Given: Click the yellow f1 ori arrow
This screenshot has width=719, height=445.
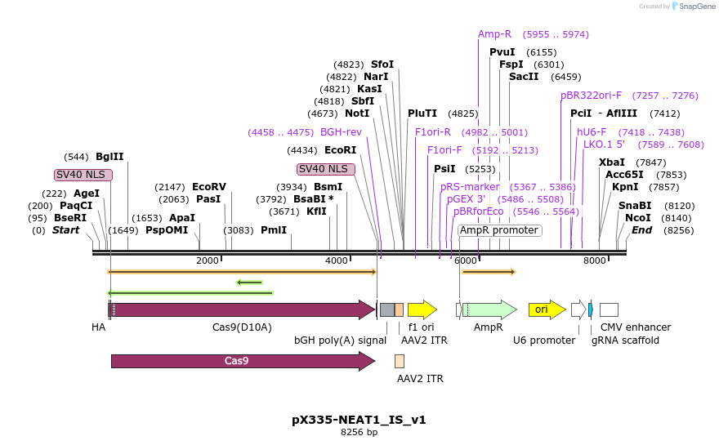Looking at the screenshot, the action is point(422,309).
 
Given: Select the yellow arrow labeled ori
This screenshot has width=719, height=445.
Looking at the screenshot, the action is point(547,309).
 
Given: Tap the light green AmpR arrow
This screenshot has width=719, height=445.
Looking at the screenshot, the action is point(489,309).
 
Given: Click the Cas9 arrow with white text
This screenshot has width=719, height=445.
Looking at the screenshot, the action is point(243,361).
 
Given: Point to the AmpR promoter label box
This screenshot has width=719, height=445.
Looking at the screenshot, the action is point(500,230).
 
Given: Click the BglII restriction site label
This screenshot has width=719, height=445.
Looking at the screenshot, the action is point(109,157).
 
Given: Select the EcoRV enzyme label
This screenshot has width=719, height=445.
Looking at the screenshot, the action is point(209,187).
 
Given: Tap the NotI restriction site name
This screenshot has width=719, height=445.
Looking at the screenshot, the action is point(357,113).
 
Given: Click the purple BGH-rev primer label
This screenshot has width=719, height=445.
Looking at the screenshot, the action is point(341,132).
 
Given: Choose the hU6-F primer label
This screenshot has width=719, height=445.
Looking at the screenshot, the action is point(592,132).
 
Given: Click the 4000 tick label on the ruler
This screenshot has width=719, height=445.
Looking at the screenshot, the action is point(336,260).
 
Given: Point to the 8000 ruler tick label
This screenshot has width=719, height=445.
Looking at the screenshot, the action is point(594,260).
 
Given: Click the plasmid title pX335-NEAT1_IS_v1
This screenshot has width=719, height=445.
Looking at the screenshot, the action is point(359,420).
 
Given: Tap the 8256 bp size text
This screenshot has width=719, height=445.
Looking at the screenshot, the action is point(359,432).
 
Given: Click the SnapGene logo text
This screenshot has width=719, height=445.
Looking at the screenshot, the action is point(697,7).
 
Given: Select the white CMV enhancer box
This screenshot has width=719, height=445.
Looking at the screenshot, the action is point(609,309).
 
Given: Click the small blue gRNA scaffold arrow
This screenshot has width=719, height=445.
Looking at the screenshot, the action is point(591,309).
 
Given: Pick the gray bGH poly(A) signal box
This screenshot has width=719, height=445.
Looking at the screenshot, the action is point(387,309).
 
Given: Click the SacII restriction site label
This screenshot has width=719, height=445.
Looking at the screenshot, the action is point(524,77).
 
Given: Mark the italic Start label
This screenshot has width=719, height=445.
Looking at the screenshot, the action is point(65,230).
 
